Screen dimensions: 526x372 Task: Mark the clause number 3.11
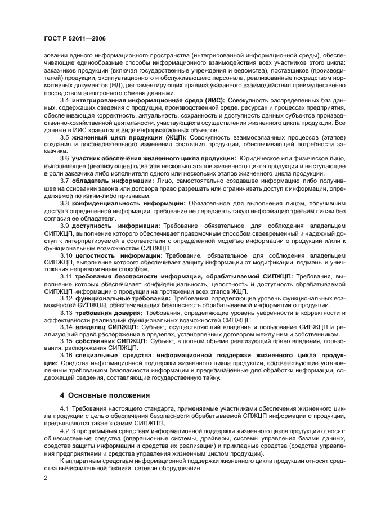(x=67, y=277)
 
